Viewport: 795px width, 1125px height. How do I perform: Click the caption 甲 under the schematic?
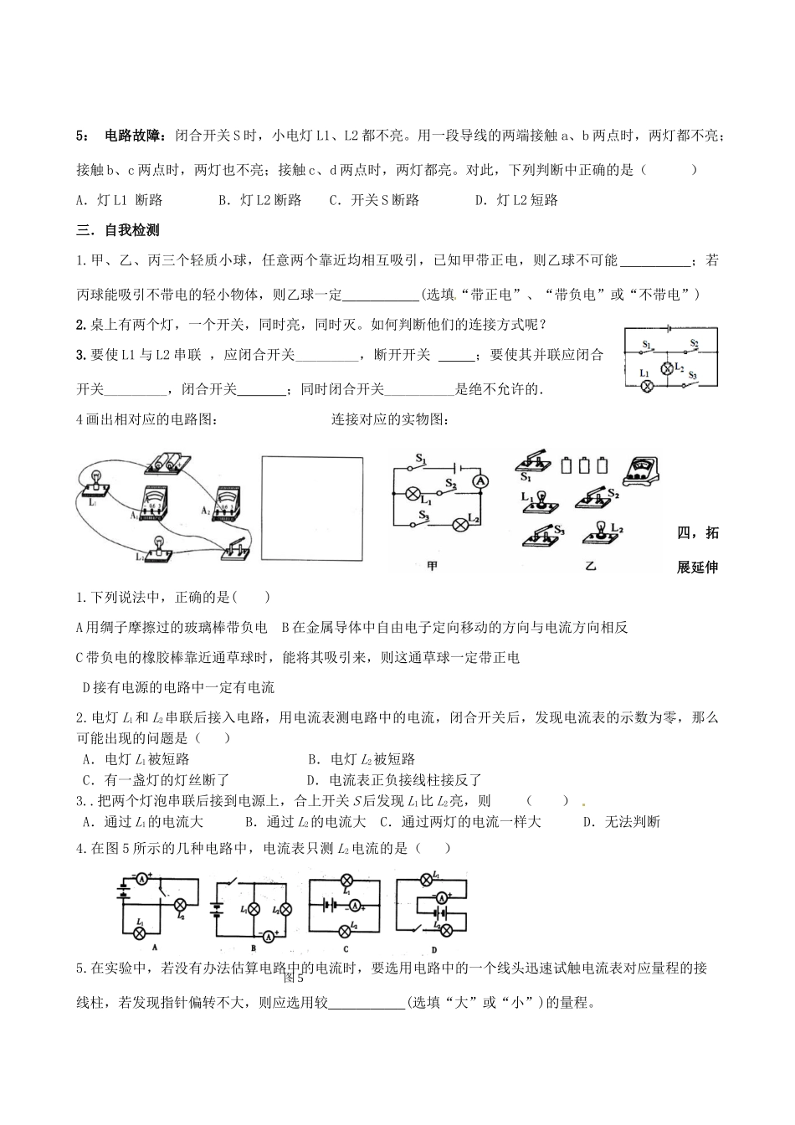point(432,567)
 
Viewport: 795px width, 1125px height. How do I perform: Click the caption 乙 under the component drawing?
point(590,567)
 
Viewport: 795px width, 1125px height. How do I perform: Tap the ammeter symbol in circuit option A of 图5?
point(142,880)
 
